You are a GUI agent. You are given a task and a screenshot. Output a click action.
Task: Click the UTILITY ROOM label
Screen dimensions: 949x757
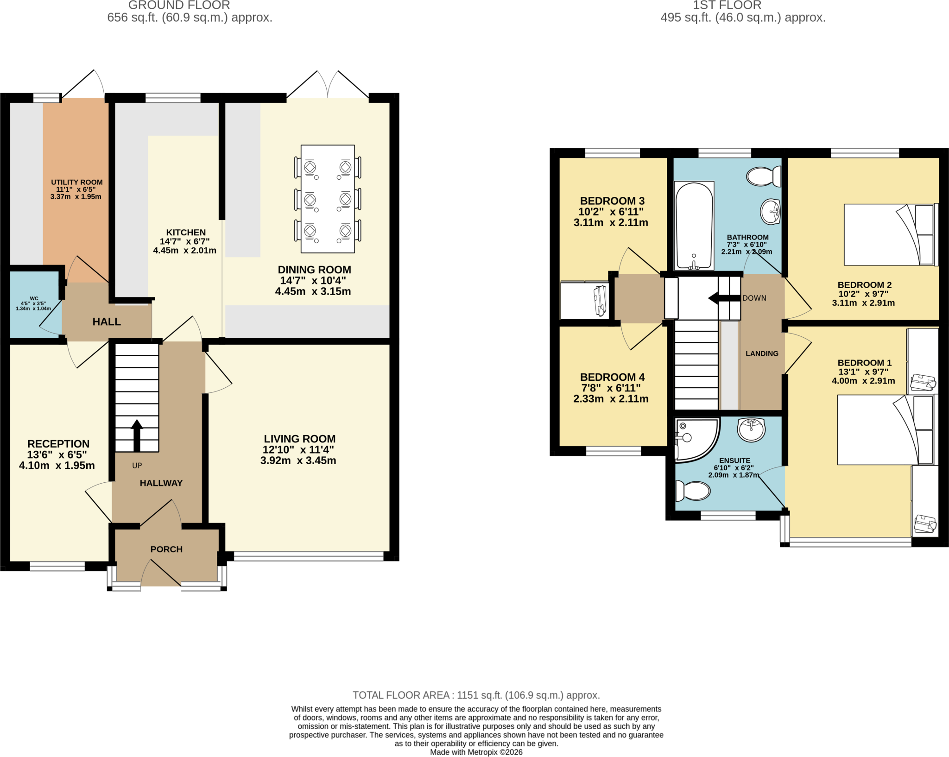coord(77,183)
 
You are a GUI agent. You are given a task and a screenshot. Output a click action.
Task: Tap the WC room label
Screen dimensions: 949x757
coord(34,298)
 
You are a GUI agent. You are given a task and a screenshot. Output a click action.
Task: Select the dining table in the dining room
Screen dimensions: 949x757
coord(328,199)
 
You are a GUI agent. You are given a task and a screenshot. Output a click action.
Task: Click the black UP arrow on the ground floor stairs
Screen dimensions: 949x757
coord(137,435)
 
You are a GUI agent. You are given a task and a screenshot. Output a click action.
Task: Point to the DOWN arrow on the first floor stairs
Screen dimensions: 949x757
coord(724,298)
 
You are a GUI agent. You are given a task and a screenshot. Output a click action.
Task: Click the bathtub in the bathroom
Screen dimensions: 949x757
coord(694,226)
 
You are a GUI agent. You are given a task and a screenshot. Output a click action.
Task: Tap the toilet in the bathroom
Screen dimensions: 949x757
coord(764,177)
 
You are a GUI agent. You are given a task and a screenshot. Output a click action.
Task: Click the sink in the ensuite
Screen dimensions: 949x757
coord(751,430)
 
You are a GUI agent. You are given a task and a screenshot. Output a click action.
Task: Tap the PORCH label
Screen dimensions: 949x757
coord(166,549)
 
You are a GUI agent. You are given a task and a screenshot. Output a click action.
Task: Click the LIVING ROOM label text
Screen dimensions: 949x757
coord(300,439)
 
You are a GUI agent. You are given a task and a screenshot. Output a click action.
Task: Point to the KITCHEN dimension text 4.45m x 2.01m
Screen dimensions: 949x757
coord(185,251)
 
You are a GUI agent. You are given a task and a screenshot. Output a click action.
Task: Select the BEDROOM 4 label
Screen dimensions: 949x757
coord(612,377)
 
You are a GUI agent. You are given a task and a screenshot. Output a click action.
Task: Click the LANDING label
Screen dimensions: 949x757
coord(762,353)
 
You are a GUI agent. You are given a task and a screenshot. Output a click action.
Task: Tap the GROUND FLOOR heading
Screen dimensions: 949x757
coord(179,5)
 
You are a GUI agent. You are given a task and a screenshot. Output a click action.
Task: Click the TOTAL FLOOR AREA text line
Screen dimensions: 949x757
coord(476,695)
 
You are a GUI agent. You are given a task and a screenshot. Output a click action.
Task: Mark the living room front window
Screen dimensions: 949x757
coord(309,556)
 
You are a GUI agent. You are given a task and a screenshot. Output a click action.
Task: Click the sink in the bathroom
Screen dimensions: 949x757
coord(771,212)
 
